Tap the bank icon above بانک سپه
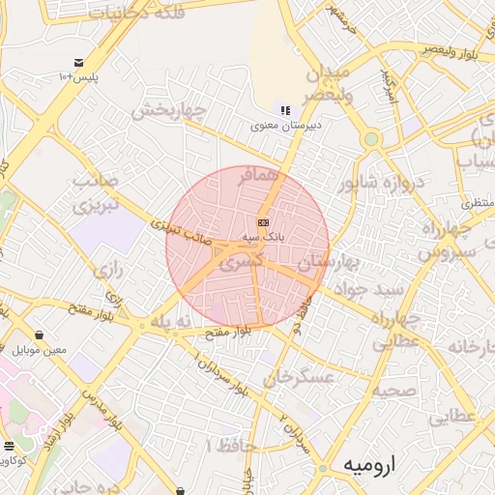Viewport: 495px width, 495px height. (x=262, y=222)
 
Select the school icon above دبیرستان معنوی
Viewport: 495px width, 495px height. (x=284, y=110)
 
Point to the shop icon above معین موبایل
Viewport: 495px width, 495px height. (x=40, y=335)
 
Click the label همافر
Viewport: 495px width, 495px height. (x=262, y=176)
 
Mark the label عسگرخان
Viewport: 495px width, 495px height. (x=304, y=377)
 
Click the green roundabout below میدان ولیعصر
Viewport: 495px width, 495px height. (x=370, y=139)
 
